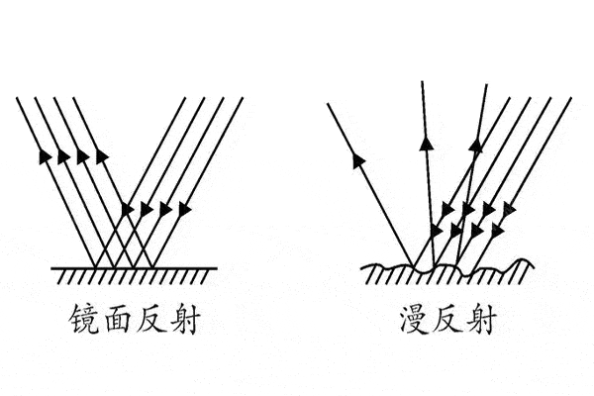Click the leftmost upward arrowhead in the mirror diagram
[x=45, y=156]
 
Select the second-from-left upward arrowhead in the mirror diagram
[x=63, y=156]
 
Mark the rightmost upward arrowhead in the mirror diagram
[x=102, y=156]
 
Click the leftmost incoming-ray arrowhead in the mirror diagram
[x=128, y=209]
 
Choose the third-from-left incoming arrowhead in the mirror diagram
[x=165, y=209]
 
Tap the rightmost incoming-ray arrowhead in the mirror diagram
[x=184, y=209]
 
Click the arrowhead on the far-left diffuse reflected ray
[x=358, y=159]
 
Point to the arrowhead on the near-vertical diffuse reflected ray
[x=427, y=144]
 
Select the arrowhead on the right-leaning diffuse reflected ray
[x=476, y=146]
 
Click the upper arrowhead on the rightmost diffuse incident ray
[x=508, y=209]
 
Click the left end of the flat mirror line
[x=51, y=268]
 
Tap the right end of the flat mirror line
[x=218, y=268]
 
